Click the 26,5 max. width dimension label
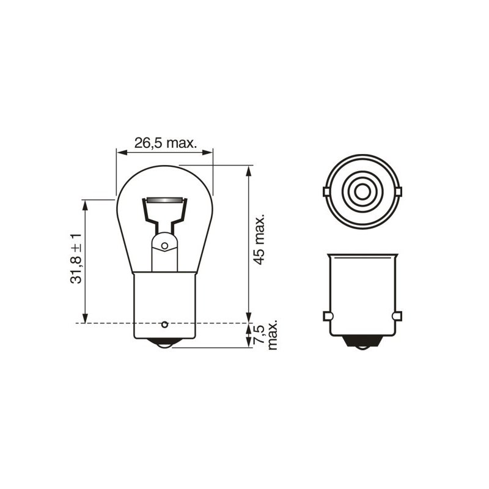[165, 143]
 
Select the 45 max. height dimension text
[259, 239]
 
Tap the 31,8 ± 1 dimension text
[76, 258]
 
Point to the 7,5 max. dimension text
[265, 334]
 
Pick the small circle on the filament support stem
[164, 246]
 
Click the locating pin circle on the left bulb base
[164, 325]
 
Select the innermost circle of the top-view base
[362, 192]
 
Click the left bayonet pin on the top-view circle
[326, 192]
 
